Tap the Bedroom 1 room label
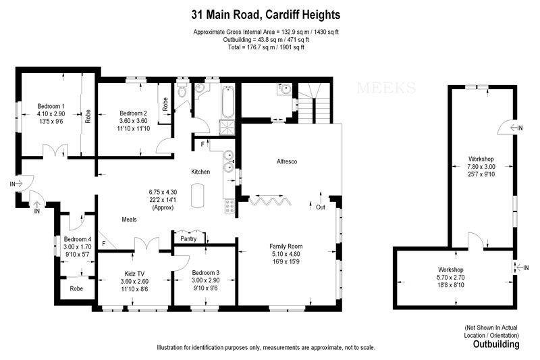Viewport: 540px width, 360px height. [51, 106]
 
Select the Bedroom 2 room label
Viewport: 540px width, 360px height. [133, 113]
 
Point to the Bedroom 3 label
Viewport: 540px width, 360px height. [187, 273]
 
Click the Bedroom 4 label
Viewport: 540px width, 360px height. [78, 239]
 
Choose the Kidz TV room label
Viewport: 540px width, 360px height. [134, 273]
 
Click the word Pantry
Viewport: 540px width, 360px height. [188, 238]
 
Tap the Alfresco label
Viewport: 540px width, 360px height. [288, 162]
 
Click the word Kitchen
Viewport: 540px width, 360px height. [200, 172]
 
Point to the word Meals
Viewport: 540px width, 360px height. [130, 220]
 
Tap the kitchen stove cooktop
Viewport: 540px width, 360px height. [230, 204]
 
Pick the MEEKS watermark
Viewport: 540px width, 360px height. [383, 87]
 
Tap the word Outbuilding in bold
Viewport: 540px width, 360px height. [495, 344]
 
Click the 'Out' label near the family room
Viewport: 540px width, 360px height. [321, 207]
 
